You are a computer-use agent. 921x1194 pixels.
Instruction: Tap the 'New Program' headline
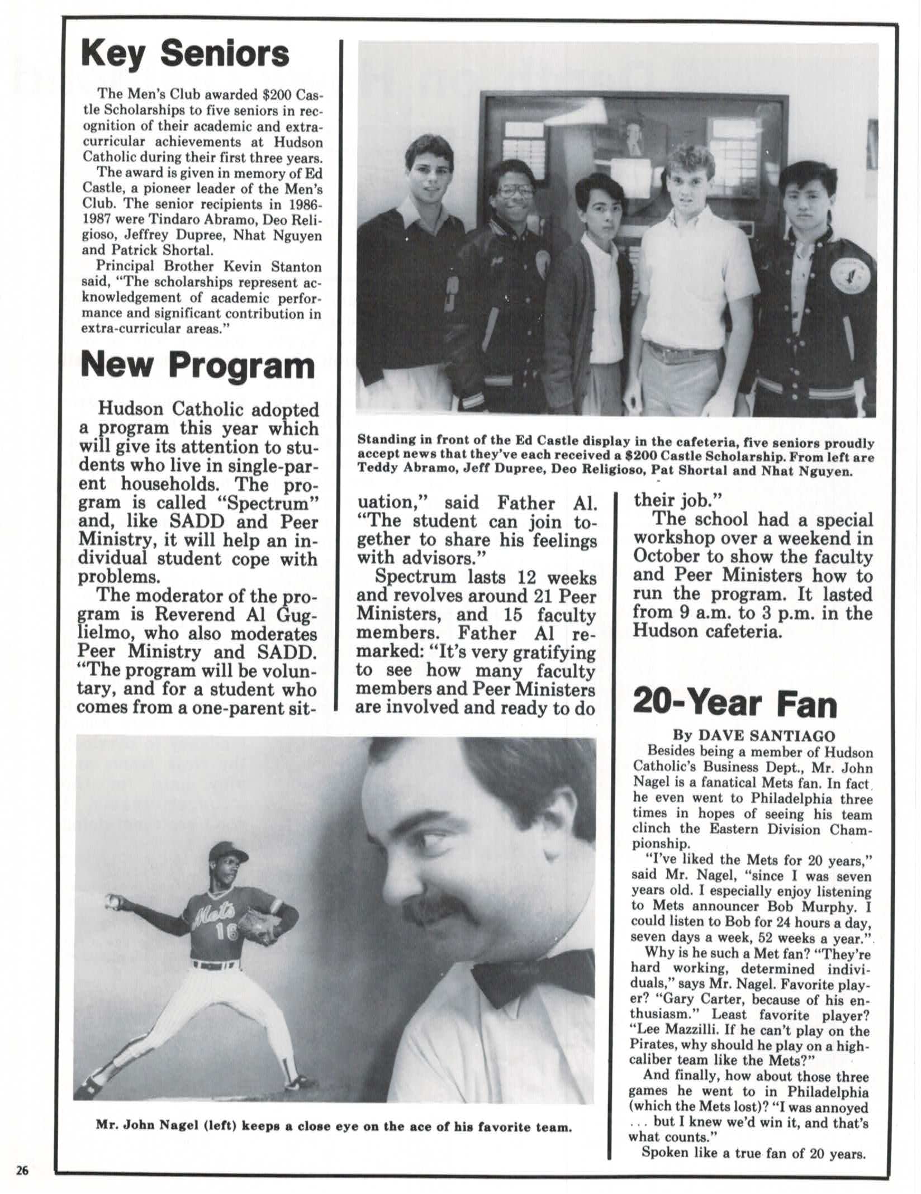tap(198, 366)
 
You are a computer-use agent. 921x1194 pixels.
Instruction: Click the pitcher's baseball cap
tap(227, 854)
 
